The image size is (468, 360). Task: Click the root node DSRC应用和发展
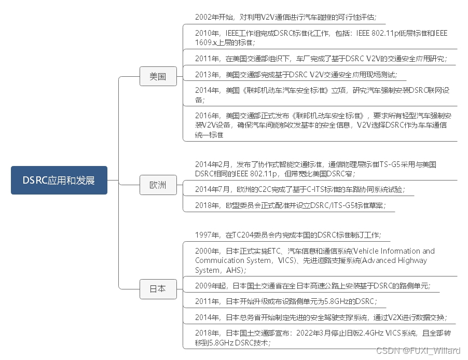(x=59, y=180)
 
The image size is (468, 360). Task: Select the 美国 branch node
(x=158, y=76)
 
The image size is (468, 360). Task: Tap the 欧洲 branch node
(x=158, y=185)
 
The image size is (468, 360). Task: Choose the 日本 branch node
(x=158, y=288)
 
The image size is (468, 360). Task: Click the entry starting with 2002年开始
(x=285, y=17)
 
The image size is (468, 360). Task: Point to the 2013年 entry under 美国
(x=296, y=75)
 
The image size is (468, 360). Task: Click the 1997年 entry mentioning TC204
(x=288, y=235)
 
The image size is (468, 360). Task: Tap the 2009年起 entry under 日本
(x=313, y=285)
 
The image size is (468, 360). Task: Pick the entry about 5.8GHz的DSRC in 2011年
(x=285, y=301)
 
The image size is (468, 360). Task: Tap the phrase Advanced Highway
(x=397, y=260)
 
